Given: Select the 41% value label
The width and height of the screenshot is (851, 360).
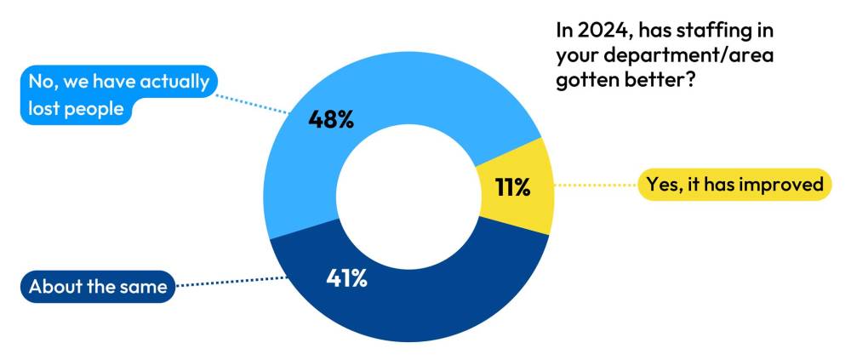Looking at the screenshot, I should pos(346,277).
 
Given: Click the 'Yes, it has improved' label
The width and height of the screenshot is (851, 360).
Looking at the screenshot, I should pos(734,184).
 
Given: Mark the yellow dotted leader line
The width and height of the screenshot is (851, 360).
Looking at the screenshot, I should pos(595,185).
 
